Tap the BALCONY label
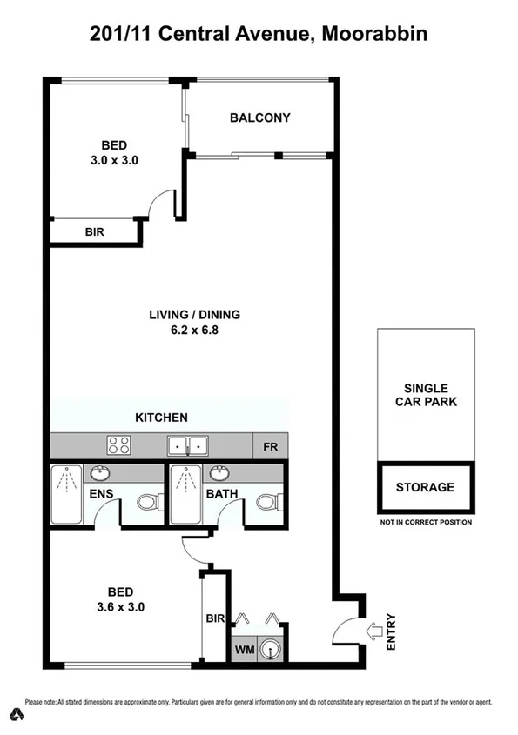[259, 117]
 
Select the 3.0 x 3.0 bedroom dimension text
[114, 160]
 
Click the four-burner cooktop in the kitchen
[118, 446]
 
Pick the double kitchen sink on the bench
[188, 446]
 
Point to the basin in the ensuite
[100, 474]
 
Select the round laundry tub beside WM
[272, 648]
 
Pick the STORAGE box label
[425, 487]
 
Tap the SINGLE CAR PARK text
[425, 395]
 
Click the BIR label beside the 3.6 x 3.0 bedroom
[216, 619]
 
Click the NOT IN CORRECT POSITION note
[425, 523]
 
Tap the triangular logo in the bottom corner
[15, 715]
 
